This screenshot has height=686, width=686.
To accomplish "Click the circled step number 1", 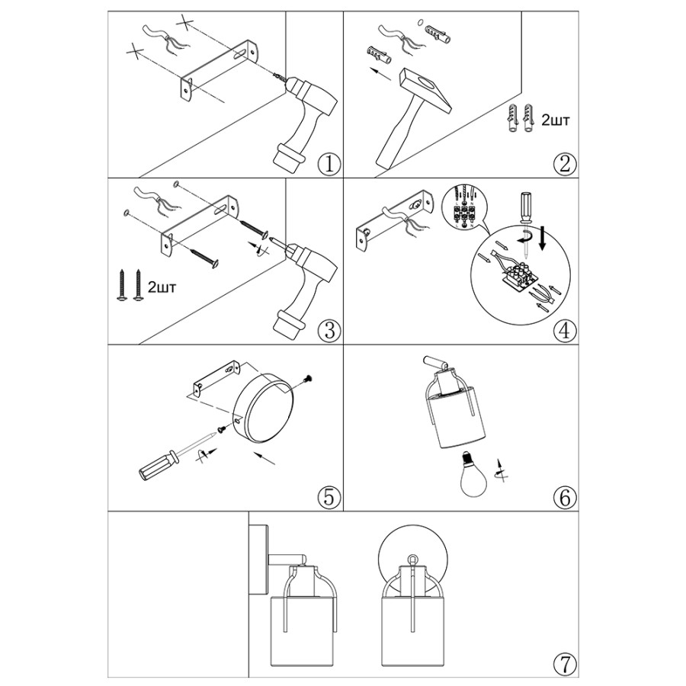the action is (329, 165).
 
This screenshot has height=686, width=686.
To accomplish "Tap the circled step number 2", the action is (565, 165).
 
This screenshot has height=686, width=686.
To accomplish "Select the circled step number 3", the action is (329, 330).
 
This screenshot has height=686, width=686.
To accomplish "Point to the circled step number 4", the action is (565, 330).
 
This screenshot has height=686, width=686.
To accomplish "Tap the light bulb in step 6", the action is (475, 475).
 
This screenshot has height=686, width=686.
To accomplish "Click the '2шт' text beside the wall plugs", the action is (556, 120).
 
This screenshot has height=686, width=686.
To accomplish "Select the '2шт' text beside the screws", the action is (162, 287).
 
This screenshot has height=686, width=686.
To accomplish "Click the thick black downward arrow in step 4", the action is (543, 239).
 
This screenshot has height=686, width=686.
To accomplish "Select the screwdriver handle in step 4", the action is (525, 206).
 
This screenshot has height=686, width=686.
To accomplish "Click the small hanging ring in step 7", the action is (412, 559).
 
